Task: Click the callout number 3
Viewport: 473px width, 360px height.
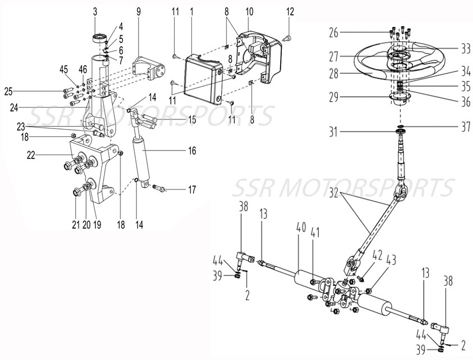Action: (x=94, y=11)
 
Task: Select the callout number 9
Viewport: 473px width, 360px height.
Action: (x=138, y=11)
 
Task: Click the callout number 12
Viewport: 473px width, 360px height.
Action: (x=290, y=11)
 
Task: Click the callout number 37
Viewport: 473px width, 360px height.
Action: (x=465, y=128)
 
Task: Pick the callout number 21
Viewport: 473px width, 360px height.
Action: (x=75, y=225)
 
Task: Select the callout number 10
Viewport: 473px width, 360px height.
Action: (x=250, y=11)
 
